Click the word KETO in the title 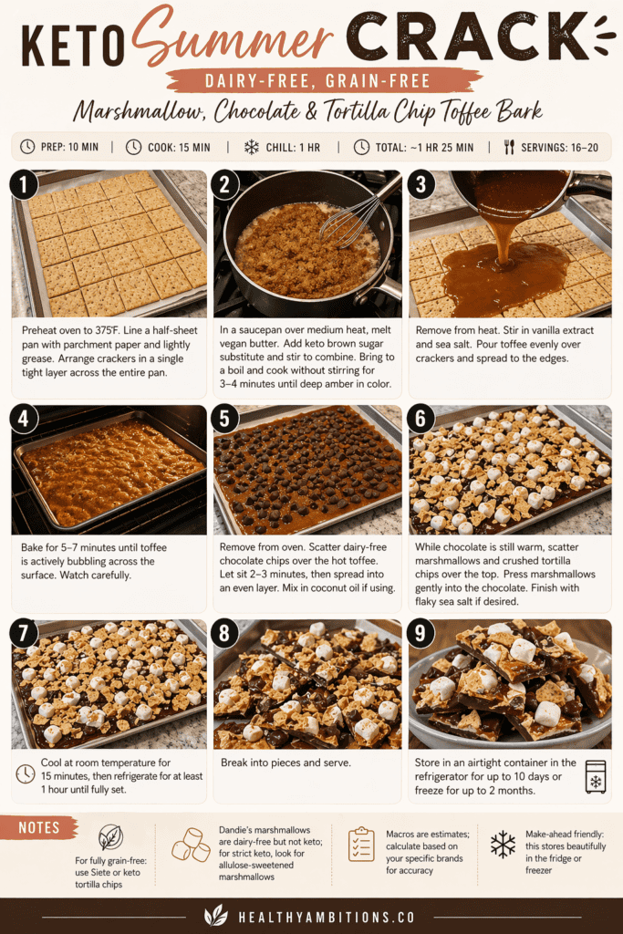72,46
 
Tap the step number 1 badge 24,184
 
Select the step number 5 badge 224,419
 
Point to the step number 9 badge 421,633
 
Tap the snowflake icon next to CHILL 252,147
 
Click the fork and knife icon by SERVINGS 509,147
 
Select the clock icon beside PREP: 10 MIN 27,147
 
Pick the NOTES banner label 38,827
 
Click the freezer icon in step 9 596,777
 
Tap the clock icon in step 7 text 25,774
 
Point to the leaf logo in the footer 215,916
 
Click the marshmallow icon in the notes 192,845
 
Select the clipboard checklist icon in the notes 361,844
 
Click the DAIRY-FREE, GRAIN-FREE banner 317,81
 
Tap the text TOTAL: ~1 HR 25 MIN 424,147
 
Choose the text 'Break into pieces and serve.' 286,763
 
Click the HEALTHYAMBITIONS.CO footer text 327,918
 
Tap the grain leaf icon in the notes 110,837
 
